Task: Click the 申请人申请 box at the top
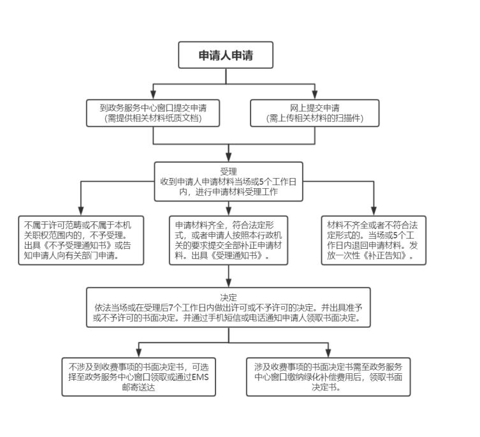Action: tap(225, 55)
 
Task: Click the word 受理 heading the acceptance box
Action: tap(228, 172)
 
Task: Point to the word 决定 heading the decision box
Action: tap(228, 297)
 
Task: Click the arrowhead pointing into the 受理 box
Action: tap(228, 158)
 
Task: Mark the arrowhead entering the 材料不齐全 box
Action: tap(374, 212)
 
